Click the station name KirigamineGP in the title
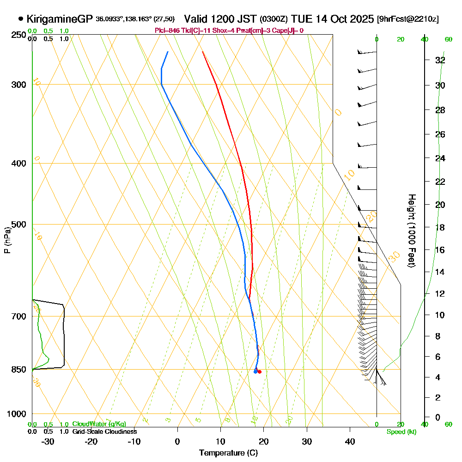(60, 19)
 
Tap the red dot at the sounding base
(260, 371)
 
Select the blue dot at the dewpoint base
(255, 371)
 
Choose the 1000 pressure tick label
(16, 414)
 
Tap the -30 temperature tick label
(48, 441)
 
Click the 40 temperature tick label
(350, 441)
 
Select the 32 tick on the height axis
(440, 60)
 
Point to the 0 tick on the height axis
(438, 417)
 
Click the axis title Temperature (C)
(228, 453)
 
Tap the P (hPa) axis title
(7, 240)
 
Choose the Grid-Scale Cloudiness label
(104, 432)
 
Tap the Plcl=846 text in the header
(167, 30)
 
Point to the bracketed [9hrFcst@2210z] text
(408, 19)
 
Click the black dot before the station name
(21, 19)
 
